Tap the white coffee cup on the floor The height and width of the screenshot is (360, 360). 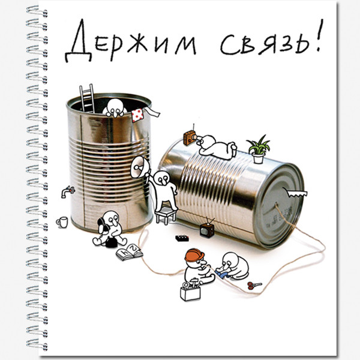(61, 222)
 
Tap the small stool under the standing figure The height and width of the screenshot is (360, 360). (165, 215)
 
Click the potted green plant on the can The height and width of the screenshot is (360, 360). (258, 149)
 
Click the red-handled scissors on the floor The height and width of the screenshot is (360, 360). (254, 284)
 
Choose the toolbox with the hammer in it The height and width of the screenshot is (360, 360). (190, 292)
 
